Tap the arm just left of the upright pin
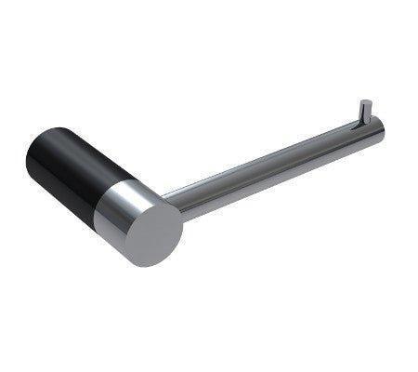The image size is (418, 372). coord(348,135)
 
